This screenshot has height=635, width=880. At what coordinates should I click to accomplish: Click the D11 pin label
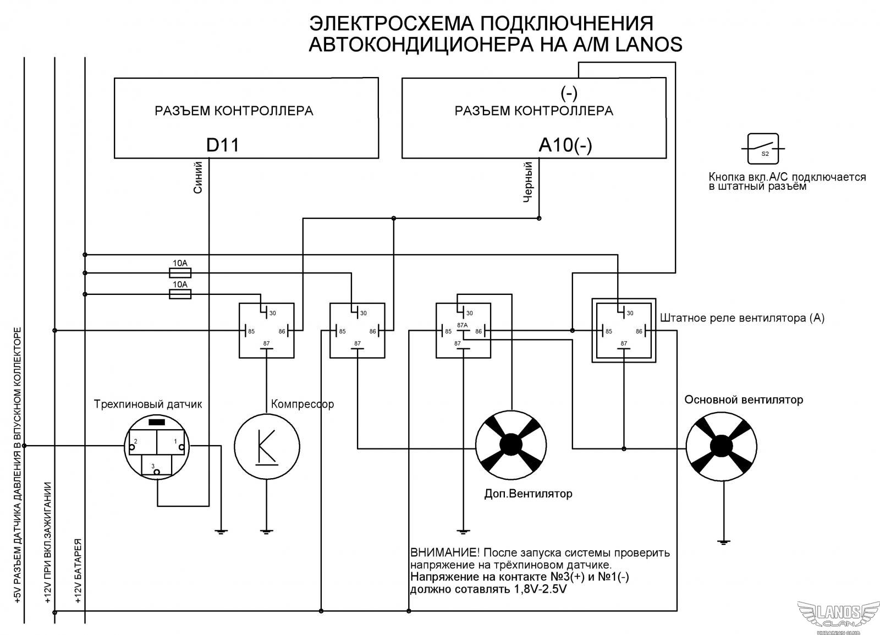tap(222, 145)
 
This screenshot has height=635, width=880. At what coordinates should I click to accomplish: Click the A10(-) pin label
tap(565, 145)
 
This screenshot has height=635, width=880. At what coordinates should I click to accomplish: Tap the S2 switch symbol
tap(763, 149)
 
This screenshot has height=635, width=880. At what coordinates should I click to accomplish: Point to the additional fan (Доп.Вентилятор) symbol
tap(511, 446)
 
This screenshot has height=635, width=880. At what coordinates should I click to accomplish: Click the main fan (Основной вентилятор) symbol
tap(721, 446)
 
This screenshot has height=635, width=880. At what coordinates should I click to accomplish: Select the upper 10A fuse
tap(180, 272)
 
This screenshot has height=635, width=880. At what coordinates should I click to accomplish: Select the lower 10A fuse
tap(180, 294)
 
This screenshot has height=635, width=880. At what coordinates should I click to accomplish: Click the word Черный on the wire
tap(527, 182)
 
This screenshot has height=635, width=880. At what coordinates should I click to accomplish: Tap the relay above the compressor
tap(266, 330)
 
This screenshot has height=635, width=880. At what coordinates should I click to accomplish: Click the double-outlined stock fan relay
tap(624, 330)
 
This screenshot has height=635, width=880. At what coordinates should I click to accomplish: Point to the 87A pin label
tap(462, 325)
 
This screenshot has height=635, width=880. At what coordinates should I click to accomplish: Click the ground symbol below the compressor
tap(266, 531)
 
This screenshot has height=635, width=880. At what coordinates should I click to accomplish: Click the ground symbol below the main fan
tap(724, 542)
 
